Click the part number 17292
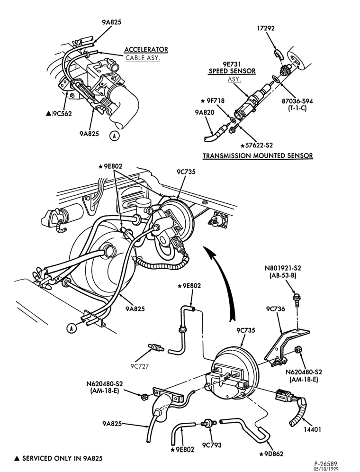[266, 28]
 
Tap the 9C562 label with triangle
[59, 113]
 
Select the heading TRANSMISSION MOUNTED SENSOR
[258, 155]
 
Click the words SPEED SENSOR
[232, 71]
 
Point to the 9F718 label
[213, 100]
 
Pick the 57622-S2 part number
[257, 145]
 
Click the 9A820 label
[204, 113]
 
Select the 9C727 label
[140, 366]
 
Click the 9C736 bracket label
[275, 309]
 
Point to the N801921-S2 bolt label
[283, 268]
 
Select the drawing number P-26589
[326, 463]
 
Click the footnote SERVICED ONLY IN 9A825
[59, 458]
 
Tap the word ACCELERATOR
[146, 49]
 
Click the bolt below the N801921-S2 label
[296, 298]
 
